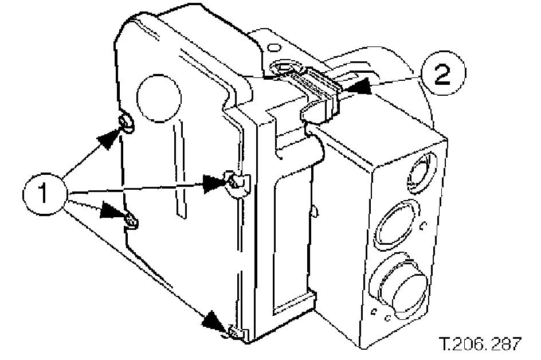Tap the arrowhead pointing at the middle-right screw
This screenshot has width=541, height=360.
pos(217,182)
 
